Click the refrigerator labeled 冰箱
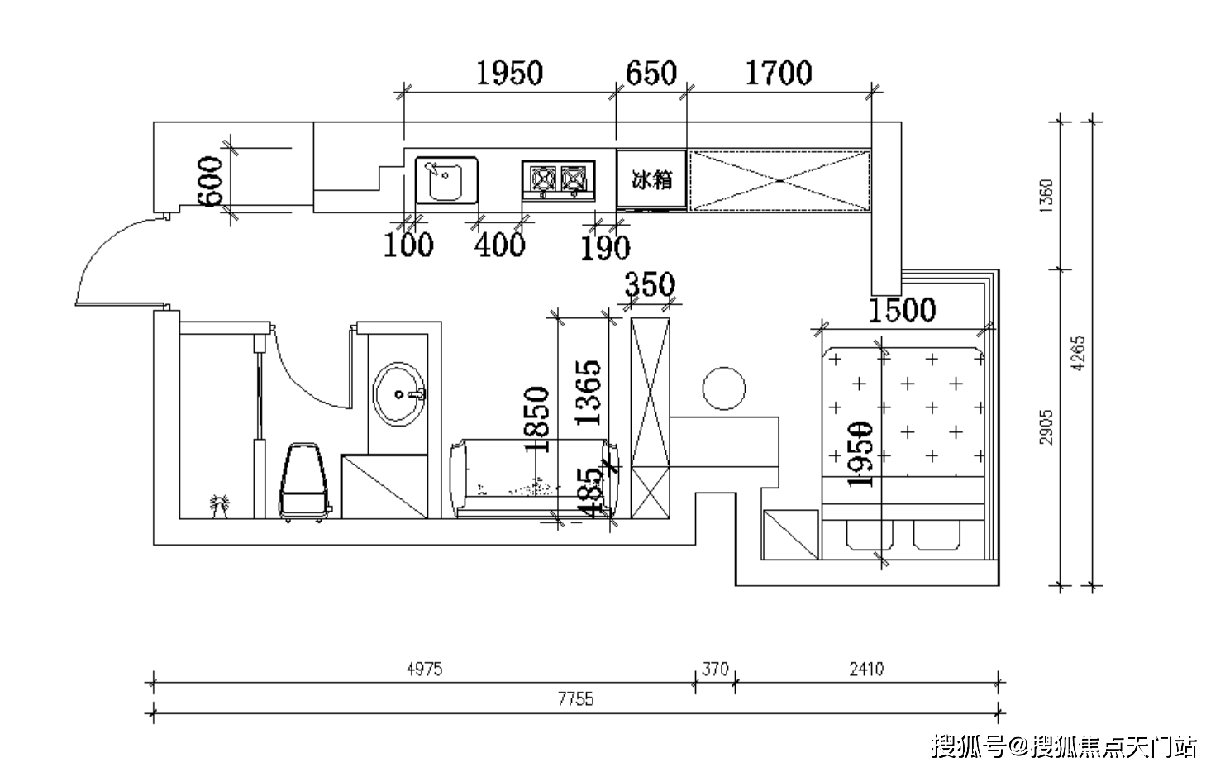651,179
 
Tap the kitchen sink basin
446,180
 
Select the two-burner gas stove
559,179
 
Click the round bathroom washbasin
400,393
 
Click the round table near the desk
723,388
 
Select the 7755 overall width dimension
575,699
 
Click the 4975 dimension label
424,669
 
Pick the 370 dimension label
715,669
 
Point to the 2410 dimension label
865,669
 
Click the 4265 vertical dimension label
1078,354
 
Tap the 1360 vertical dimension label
1046,197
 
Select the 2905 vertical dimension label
1046,427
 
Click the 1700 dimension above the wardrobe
779,73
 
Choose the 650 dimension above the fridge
651,73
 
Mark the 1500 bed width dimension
902,310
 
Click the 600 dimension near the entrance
210,181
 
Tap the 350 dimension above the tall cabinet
649,285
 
